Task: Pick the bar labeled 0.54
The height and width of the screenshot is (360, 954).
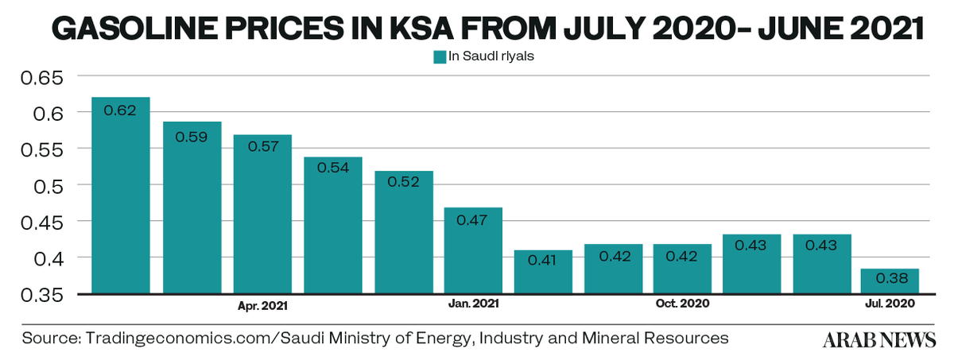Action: pos(333,226)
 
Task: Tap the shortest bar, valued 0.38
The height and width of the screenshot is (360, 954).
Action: pos(890,281)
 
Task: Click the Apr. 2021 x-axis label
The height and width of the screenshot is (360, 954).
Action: pos(262,304)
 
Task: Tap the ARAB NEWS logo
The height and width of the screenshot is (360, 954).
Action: pos(879,339)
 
